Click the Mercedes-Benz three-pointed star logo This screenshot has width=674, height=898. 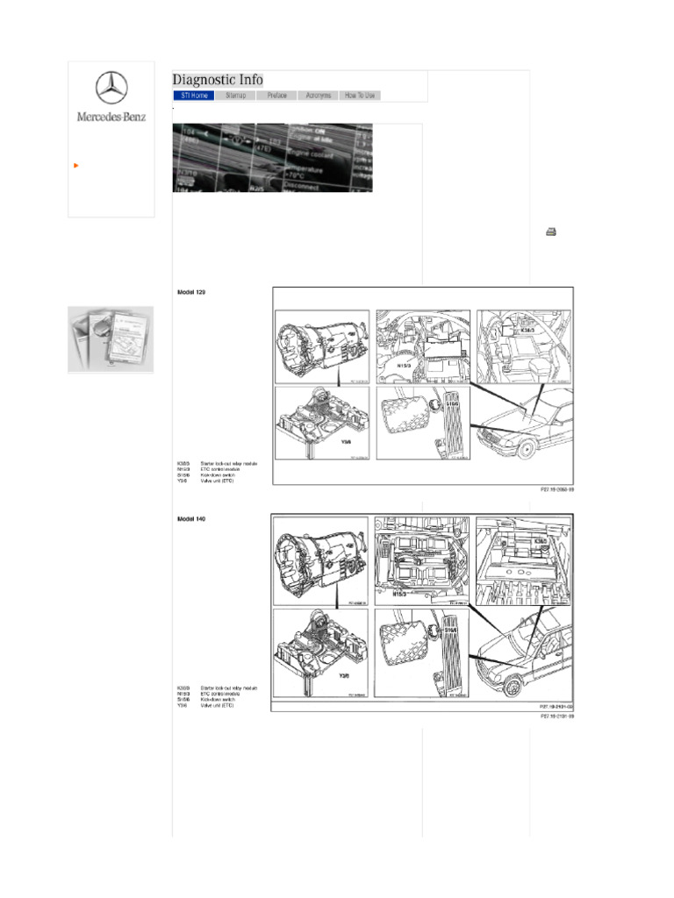(111, 88)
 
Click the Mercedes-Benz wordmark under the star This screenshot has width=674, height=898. (111, 116)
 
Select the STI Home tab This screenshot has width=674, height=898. (194, 95)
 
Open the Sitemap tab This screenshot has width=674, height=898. (235, 95)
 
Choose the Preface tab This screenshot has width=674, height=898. (276, 95)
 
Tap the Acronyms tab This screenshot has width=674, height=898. (318, 95)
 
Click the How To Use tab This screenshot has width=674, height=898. (360, 95)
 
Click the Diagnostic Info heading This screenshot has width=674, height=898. (218, 80)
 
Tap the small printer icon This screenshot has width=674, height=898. (551, 232)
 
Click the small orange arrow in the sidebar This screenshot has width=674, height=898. (77, 165)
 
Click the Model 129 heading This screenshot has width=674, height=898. (191, 291)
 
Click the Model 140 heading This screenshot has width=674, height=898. (191, 519)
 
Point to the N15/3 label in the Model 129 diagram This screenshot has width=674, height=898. (405, 366)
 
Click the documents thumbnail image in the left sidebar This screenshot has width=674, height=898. (111, 339)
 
